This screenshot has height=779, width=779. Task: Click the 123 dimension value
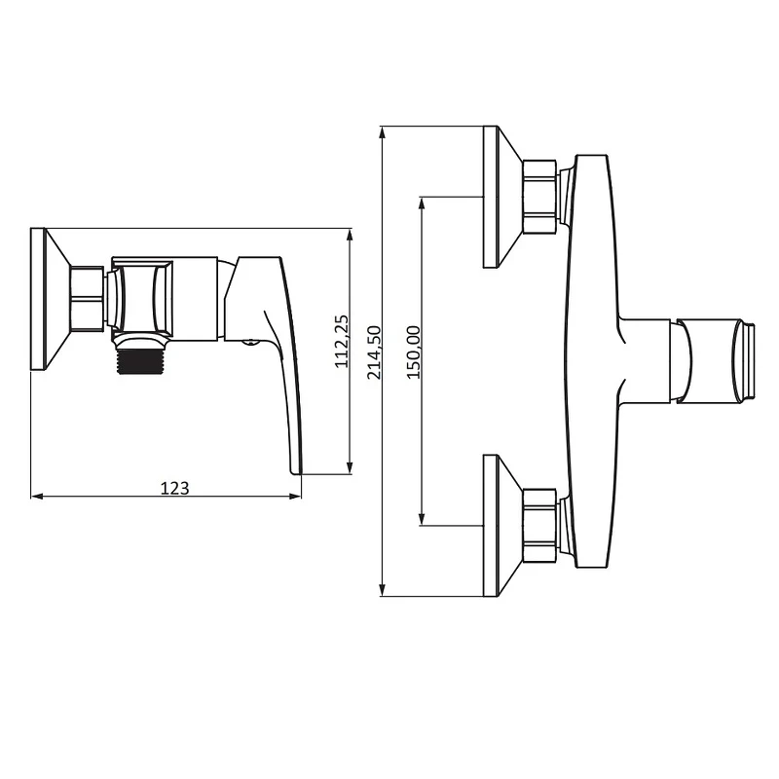click(x=175, y=489)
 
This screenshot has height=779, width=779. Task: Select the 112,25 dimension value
click(x=342, y=342)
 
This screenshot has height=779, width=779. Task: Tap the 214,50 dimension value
click(x=374, y=352)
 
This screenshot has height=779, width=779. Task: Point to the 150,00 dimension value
click(x=413, y=352)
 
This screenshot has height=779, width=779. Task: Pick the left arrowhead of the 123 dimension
click(x=37, y=496)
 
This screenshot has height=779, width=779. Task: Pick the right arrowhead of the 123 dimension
click(x=295, y=496)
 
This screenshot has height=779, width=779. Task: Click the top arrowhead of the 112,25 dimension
click(x=350, y=236)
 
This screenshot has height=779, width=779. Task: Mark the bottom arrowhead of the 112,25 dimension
click(x=350, y=467)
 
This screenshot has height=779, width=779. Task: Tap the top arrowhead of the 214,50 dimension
click(x=382, y=133)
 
